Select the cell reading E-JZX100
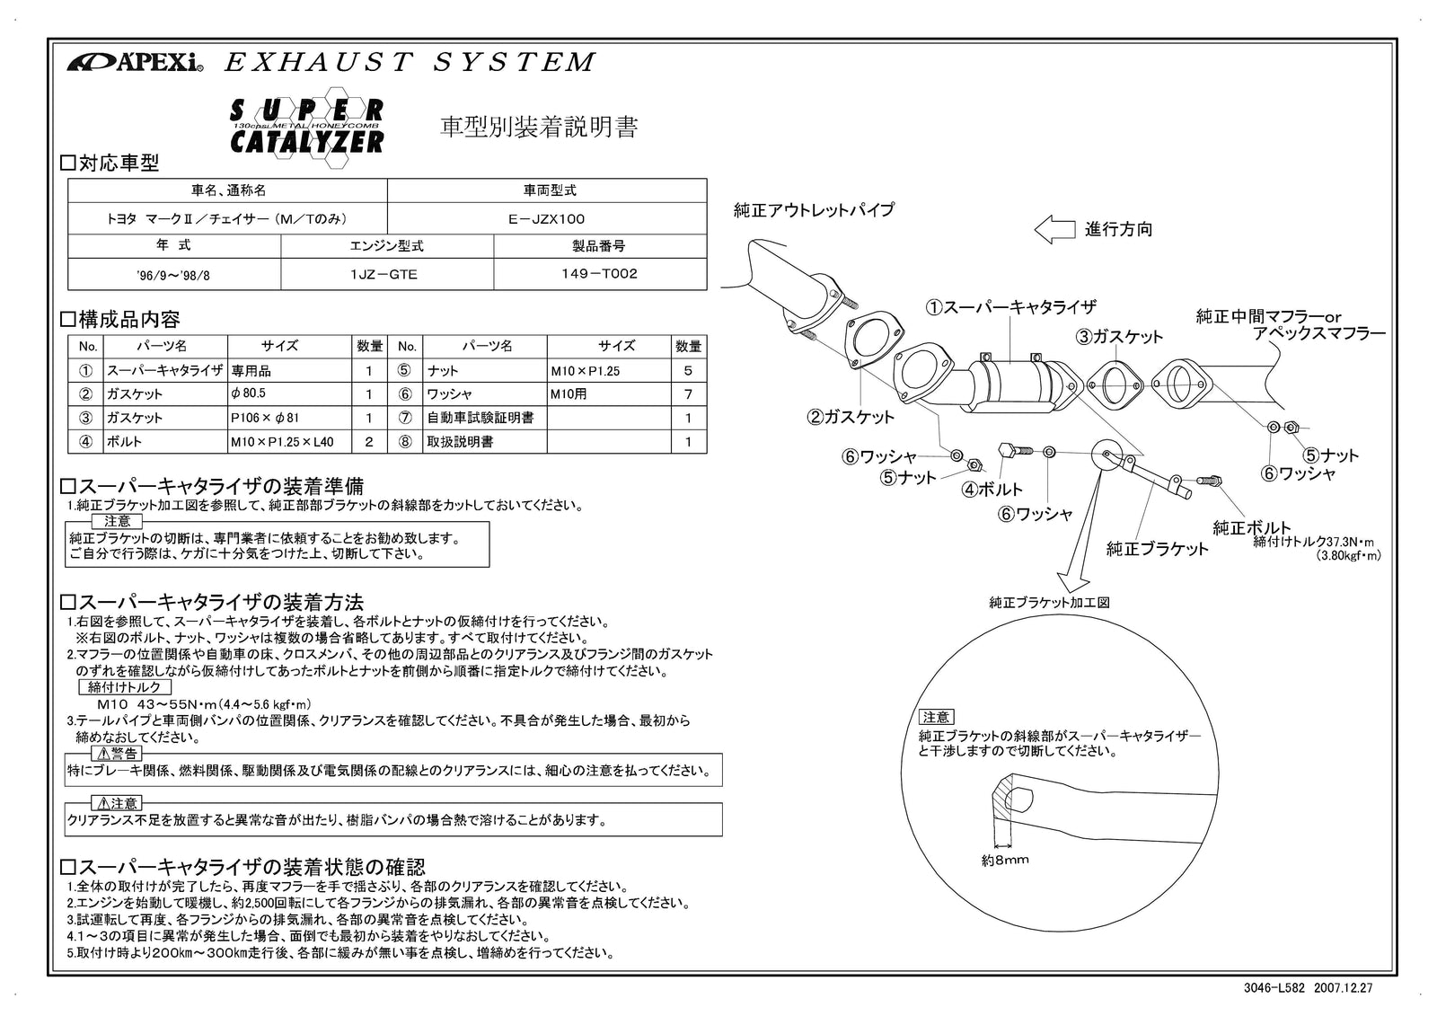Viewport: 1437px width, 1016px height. point(546,218)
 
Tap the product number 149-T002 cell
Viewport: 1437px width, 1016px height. point(600,274)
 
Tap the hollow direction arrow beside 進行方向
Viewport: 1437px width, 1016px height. point(1054,229)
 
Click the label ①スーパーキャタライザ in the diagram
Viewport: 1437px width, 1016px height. point(1010,307)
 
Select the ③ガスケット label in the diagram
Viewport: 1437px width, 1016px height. point(1119,337)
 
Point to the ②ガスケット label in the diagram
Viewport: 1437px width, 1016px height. point(850,417)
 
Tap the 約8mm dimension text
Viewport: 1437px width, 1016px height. point(1004,860)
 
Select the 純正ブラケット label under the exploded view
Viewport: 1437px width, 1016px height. point(1157,549)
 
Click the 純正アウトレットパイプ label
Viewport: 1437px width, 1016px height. point(814,210)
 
